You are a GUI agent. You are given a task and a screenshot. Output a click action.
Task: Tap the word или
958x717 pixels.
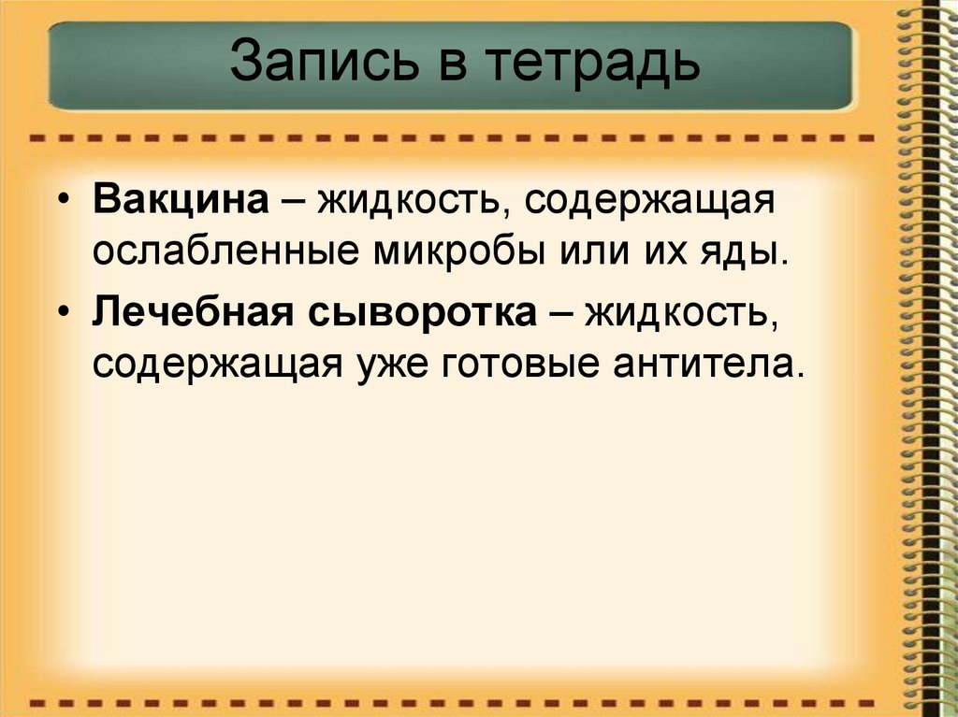602,253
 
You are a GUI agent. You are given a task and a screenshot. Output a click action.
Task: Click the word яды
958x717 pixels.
753,254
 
